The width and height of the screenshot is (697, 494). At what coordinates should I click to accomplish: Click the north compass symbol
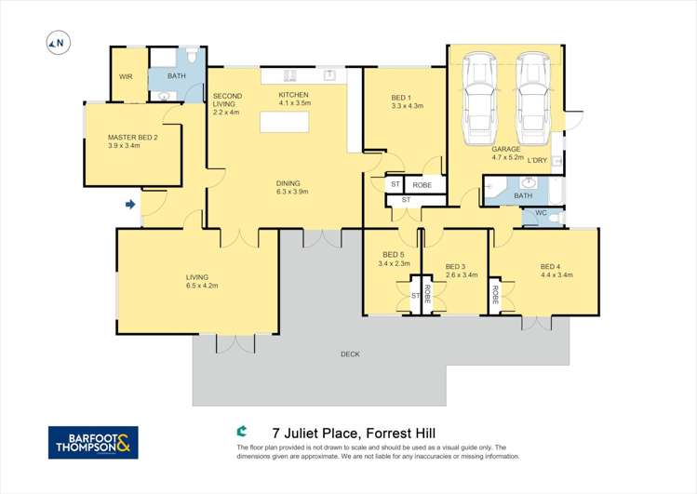coord(58,42)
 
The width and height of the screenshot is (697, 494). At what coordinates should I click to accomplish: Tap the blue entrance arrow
coord(130,204)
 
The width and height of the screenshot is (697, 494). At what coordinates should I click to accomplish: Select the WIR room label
coord(126,77)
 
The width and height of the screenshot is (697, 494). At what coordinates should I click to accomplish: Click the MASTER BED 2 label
coord(132,138)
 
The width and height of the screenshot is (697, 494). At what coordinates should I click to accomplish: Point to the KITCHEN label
coord(293,95)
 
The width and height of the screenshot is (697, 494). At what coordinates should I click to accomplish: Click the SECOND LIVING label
coord(227,96)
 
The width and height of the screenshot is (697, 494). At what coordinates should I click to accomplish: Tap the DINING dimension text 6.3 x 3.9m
coord(291,192)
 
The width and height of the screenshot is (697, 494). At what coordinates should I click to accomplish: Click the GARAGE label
coord(506,149)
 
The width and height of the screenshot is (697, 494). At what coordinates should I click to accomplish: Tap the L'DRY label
coord(537,161)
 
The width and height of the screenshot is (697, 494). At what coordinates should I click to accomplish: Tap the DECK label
coord(350,354)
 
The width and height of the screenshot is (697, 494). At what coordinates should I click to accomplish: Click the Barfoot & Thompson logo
coord(93,442)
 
